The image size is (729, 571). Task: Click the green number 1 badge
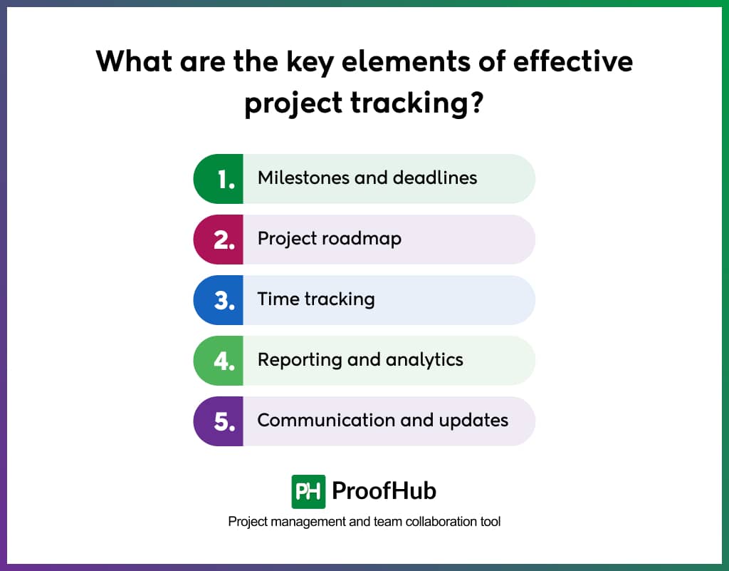(219, 179)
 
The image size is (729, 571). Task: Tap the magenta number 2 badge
(219, 240)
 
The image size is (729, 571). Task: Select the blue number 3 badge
(219, 300)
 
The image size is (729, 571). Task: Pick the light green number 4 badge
(219, 361)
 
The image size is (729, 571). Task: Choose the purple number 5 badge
(219, 421)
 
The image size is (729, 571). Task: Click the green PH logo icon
(308, 491)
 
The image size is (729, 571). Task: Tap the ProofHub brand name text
(384, 491)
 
